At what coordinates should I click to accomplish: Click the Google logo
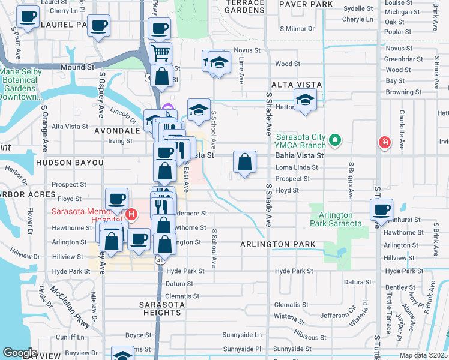pyautogui.click(x=20, y=352)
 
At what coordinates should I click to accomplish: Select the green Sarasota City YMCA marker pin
pyautogui.click(x=335, y=142)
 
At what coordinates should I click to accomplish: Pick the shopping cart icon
pyautogui.click(x=160, y=53)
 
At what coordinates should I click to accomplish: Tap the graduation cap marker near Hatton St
pyautogui.click(x=305, y=100)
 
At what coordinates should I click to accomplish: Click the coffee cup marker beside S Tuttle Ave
pyautogui.click(x=381, y=210)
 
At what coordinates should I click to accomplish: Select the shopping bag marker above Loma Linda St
pyautogui.click(x=244, y=162)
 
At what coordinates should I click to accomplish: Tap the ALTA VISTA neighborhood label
pyautogui.click(x=297, y=85)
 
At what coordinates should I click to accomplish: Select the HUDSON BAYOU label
pyautogui.click(x=70, y=163)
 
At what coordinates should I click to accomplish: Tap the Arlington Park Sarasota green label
pyautogui.click(x=336, y=219)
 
